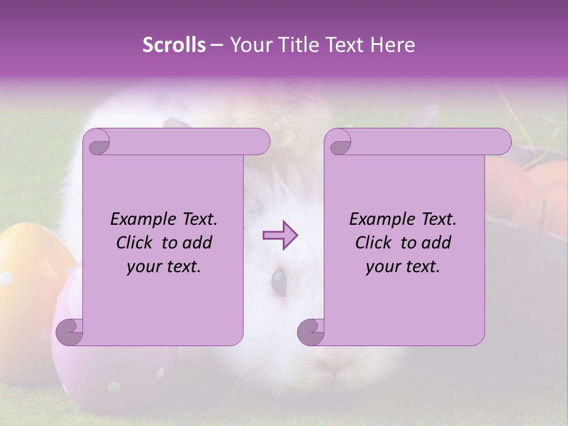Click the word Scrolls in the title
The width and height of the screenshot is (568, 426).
[x=174, y=45]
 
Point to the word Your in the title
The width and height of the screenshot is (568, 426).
[x=250, y=45]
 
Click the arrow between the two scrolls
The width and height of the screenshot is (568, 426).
[x=280, y=235]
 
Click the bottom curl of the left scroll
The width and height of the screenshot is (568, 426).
[x=69, y=332]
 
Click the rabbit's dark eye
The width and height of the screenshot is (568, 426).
[x=278, y=281]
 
